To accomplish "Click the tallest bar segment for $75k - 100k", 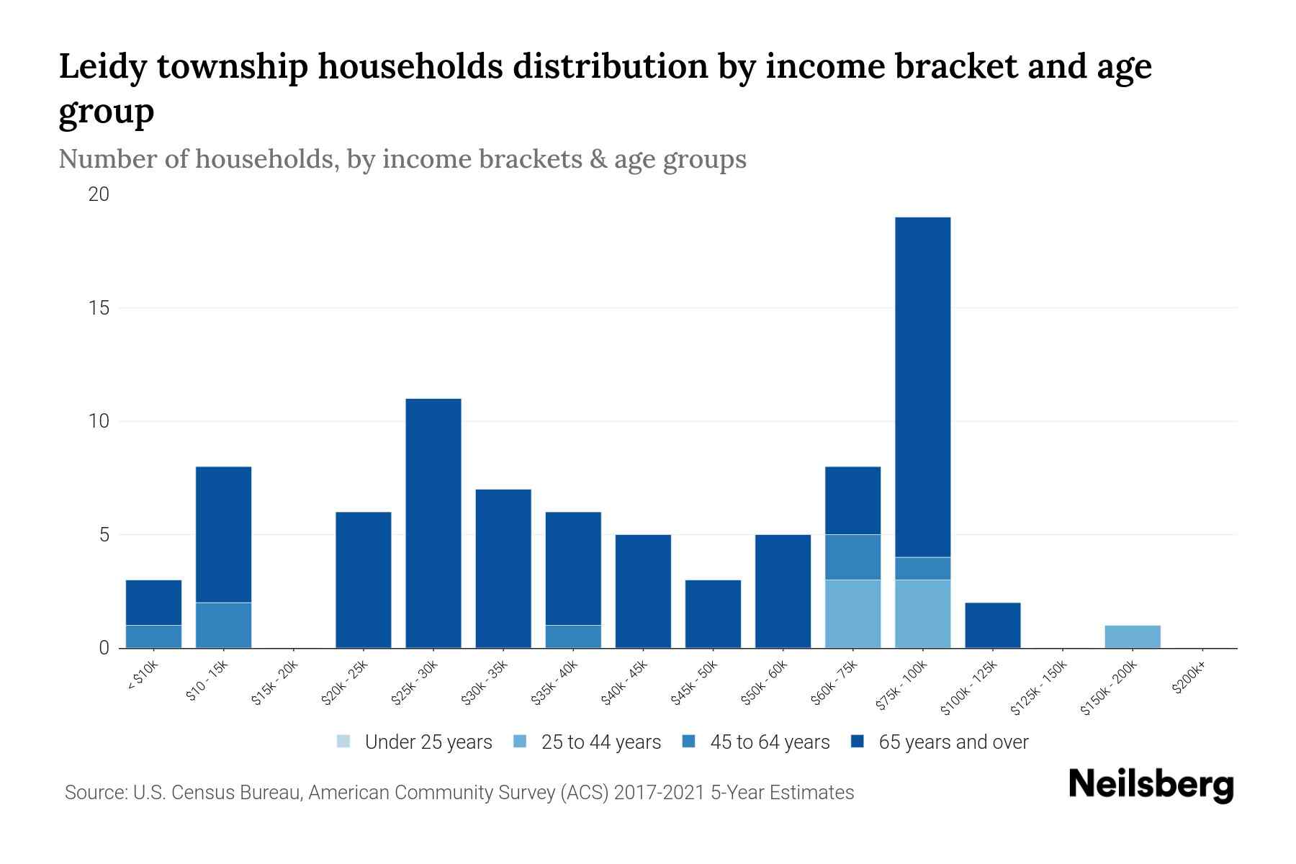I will click(922, 387).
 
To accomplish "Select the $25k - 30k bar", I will click(433, 523).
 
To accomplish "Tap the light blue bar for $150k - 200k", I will click(1132, 636).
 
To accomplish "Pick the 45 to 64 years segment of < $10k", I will click(153, 636).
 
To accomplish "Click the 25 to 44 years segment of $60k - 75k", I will click(852, 613).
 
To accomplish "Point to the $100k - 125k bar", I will click(992, 625).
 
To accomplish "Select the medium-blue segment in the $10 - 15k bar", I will click(223, 625).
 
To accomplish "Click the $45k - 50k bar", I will click(713, 613).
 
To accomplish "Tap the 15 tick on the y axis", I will click(99, 308).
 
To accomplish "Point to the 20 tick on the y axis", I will click(99, 194).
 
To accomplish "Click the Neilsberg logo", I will click(1151, 785).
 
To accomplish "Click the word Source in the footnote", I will click(94, 793).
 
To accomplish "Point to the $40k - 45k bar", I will click(643, 591).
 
